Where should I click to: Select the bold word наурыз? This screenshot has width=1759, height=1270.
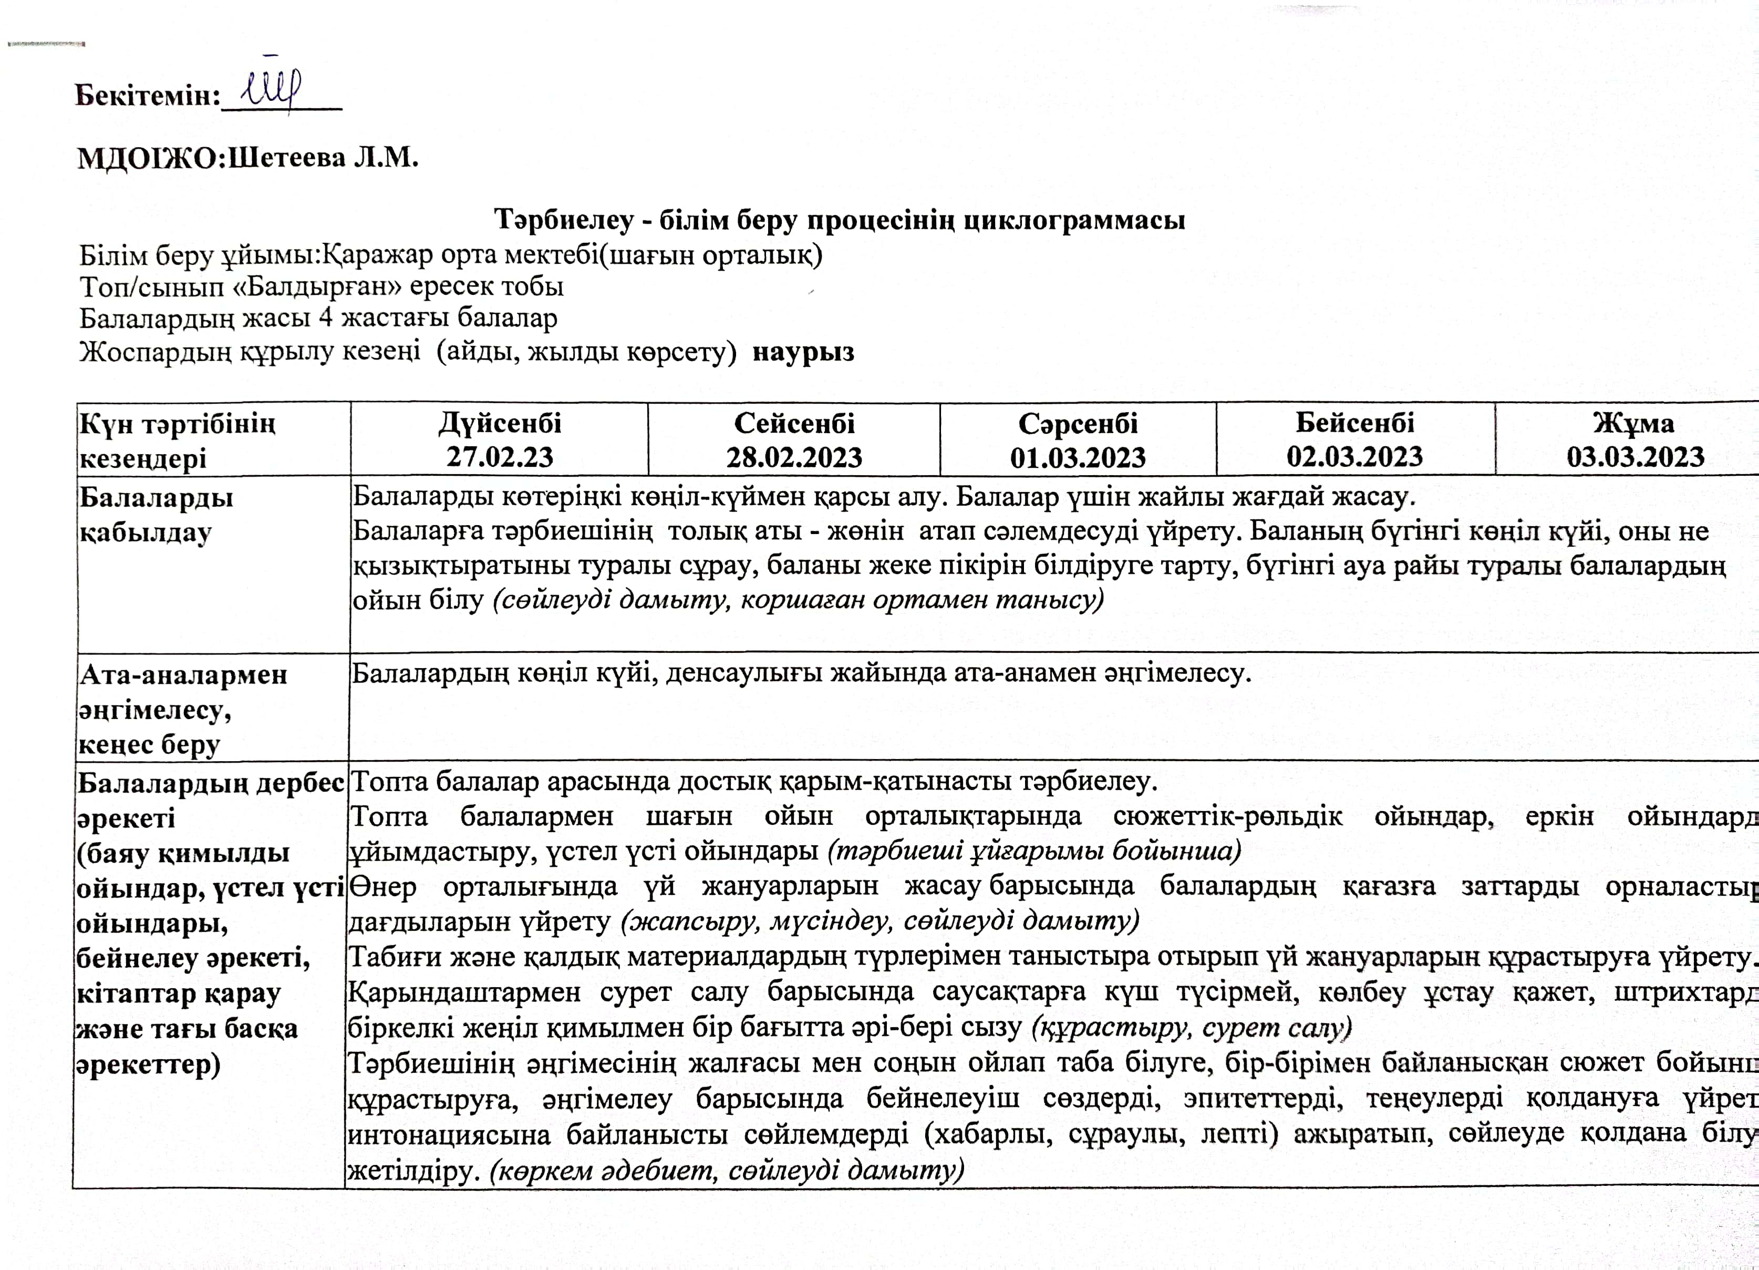803,352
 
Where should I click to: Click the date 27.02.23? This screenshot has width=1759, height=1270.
500,456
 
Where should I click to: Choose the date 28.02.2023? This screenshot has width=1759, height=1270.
794,456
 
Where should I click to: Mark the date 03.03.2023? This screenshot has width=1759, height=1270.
1635,456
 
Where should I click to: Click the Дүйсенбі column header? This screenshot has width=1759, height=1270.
500,424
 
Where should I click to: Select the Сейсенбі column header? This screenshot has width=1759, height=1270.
794,424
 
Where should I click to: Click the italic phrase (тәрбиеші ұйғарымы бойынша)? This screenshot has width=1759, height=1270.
1034,851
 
